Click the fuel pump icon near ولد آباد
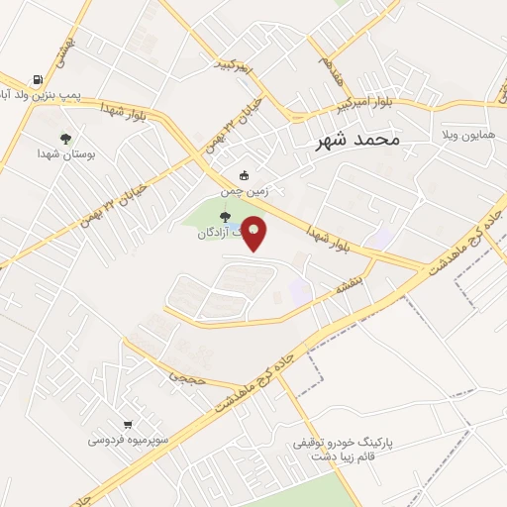point(38,80)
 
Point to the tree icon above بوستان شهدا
point(65,139)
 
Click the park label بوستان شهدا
point(65,153)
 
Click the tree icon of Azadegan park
point(224,219)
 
